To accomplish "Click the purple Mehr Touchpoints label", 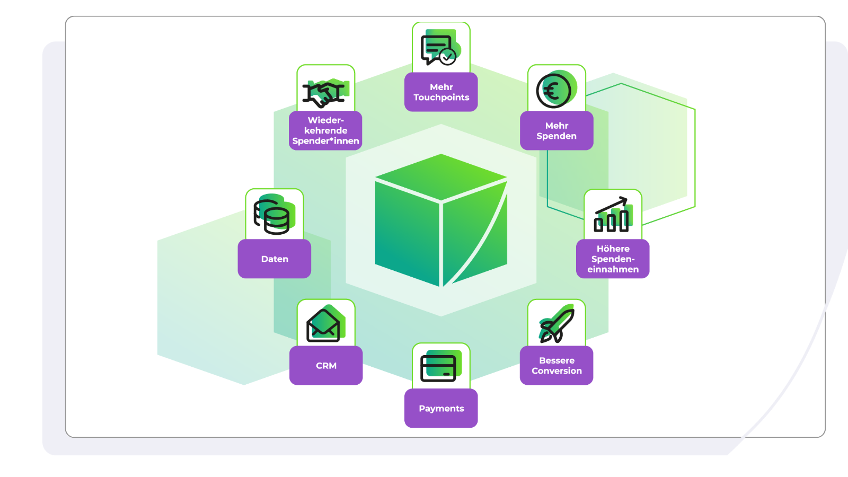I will (x=441, y=92).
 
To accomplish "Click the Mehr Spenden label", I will (x=556, y=131).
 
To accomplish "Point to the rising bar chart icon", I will (x=612, y=215).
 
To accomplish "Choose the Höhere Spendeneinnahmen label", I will (x=613, y=259).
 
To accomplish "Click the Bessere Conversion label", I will (x=556, y=366).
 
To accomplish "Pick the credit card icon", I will (x=439, y=367).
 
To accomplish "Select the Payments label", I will (x=441, y=409).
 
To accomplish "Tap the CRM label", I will (x=326, y=366).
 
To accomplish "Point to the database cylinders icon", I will (x=273, y=215).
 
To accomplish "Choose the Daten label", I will (x=275, y=259).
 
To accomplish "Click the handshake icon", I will (x=324, y=93).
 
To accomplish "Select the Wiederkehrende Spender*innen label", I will (x=325, y=131).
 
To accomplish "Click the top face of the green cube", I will (x=441, y=176).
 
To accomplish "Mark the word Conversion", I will (x=556, y=371).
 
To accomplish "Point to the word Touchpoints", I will (x=441, y=98).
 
